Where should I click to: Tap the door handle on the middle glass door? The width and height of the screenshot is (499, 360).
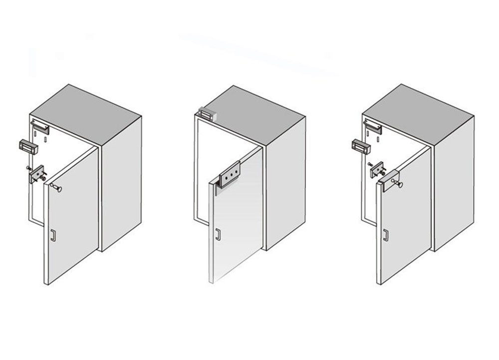pyautogui.click(x=218, y=234)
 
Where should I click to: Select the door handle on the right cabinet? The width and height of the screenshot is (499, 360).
pyautogui.click(x=385, y=234)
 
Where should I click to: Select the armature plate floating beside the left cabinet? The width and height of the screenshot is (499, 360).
pyautogui.click(x=36, y=175)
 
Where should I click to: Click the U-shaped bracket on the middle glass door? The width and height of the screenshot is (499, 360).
pyautogui.click(x=228, y=178)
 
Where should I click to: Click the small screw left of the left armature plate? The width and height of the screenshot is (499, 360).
pyautogui.click(x=29, y=168)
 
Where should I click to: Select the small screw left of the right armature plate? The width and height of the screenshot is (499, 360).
pyautogui.click(x=370, y=164)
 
